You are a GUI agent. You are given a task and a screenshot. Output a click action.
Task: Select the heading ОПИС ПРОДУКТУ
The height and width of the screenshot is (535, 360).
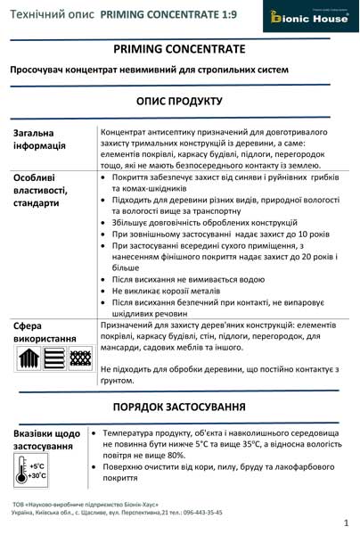[x=180, y=101]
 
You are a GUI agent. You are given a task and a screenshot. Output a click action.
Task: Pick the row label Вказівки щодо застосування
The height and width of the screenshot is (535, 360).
[x=46, y=439]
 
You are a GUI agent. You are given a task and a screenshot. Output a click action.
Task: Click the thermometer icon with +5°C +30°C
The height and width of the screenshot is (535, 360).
[x=31, y=470]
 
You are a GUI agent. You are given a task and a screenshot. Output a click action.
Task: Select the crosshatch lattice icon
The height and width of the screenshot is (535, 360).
[x=79, y=358]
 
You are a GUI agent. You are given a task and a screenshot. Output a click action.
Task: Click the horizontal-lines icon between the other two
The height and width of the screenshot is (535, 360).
[x=53, y=358]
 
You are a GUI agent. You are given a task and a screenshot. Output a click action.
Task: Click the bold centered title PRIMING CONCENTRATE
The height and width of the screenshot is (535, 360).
[x=180, y=51]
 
